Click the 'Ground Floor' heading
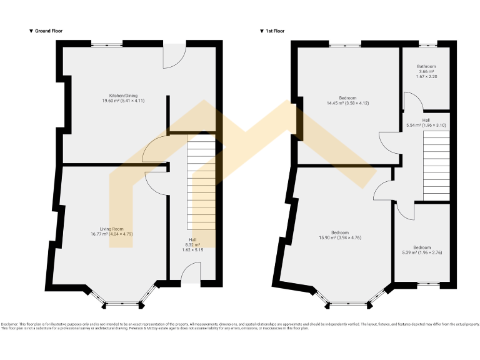[x=48, y=31]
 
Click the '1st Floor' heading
[x=274, y=31]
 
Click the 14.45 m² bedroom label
[x=347, y=101]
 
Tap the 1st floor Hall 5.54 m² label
[x=426, y=122]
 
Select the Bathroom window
[x=427, y=44]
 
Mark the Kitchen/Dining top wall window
[x=107, y=44]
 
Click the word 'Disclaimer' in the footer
[x=9, y=324]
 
